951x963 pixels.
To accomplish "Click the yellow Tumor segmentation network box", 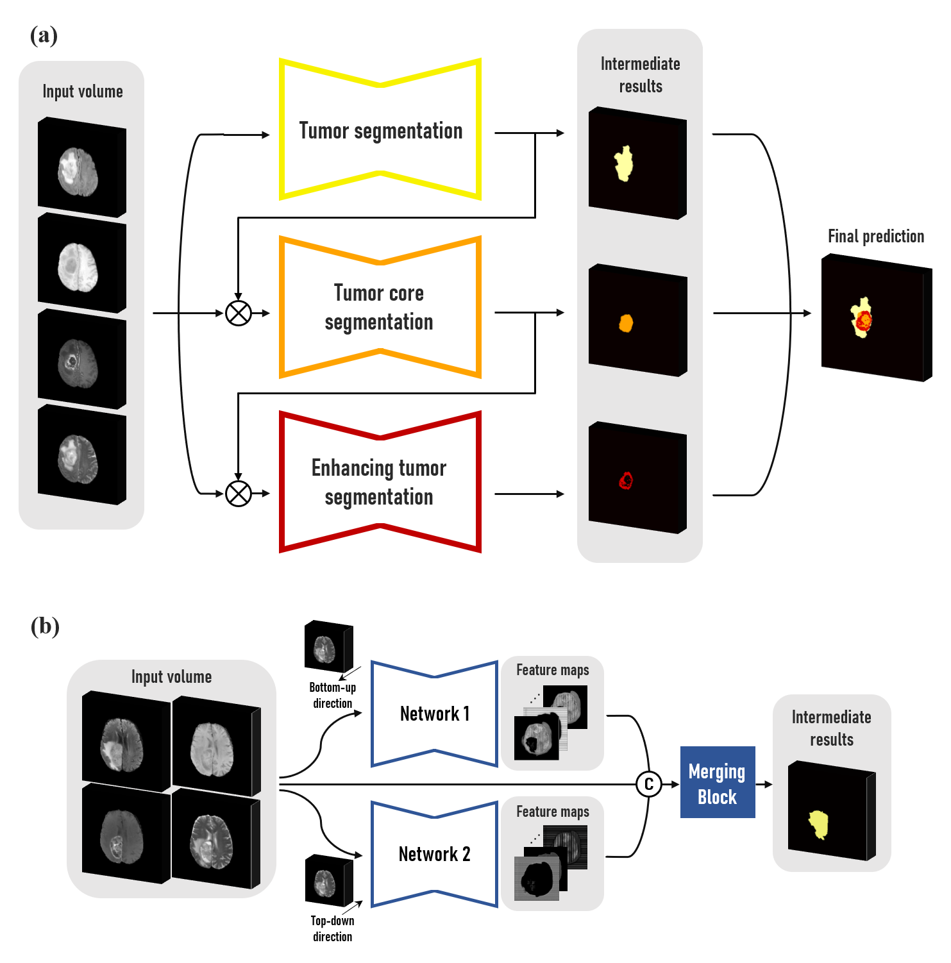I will [380, 130].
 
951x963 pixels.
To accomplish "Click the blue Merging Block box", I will [717, 783].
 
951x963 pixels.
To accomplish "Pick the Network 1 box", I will [434, 714].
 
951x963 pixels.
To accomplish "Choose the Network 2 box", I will [434, 854].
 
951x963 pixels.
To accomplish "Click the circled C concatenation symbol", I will [648, 784].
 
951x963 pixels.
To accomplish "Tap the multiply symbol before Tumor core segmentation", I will [239, 314].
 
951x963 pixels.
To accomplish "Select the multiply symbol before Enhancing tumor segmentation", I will [239, 494].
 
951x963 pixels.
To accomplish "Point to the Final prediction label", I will [875, 237].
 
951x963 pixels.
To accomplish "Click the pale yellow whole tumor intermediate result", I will [623, 163].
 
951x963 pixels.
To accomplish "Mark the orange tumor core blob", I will [626, 322].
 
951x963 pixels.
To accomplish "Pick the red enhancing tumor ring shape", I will [626, 480].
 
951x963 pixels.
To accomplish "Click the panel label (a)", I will [44, 35].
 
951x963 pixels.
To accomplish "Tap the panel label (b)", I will [45, 626].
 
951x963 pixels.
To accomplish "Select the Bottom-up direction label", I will [332, 695].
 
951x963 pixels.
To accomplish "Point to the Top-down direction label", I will [332, 928].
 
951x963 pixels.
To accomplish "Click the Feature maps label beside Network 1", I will [552, 670].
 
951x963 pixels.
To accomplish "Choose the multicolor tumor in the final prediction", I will [863, 317].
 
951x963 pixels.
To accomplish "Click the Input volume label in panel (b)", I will [171, 677].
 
